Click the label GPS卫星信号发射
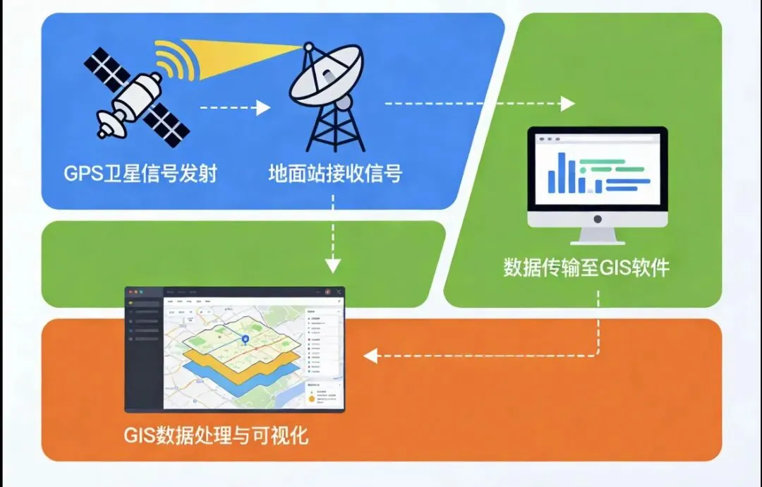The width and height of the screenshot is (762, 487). [139, 173]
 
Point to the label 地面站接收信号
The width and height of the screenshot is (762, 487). [335, 173]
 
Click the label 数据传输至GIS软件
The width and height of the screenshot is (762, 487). [586, 268]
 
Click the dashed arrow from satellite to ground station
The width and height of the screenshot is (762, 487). [233, 108]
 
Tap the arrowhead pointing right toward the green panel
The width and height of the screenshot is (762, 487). [567, 104]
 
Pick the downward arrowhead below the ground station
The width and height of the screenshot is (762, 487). [332, 265]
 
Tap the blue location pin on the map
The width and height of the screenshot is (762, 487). [245, 341]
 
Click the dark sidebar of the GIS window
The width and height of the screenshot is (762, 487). [144, 353]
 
